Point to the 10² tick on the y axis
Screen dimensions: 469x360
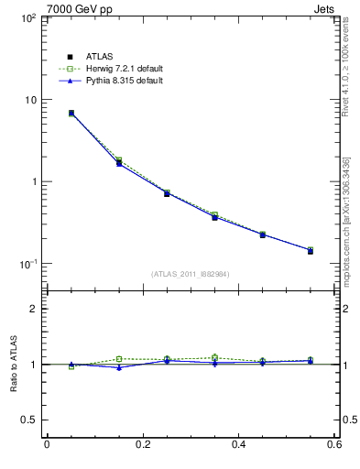27,18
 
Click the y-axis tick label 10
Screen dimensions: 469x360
30,100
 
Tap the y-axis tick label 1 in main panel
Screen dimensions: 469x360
33,181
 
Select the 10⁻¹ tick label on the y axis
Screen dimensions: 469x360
27,264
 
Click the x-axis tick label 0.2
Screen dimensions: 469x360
142,445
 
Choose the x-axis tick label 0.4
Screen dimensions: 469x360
238,445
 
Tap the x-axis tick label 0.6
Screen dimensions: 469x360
333,445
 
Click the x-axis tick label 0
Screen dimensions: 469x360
47,445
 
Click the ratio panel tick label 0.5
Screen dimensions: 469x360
29,420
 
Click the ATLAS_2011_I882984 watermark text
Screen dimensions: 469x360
191,274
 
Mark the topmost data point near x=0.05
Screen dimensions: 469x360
71,114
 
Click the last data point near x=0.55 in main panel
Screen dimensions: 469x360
311,250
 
